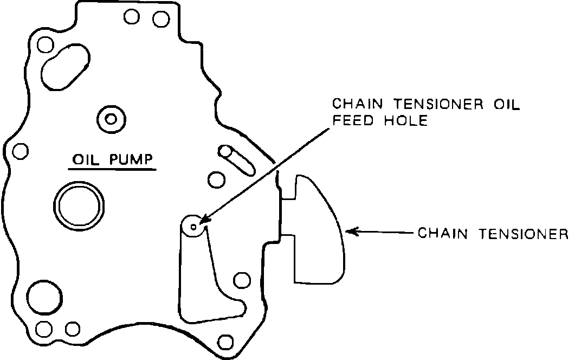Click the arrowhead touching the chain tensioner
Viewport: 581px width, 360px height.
(350, 232)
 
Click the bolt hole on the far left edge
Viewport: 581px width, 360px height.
(20, 150)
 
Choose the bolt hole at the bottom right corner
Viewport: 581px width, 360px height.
(224, 342)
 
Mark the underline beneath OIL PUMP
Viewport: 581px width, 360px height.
(112, 169)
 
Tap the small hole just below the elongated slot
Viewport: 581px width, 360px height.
(216, 178)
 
